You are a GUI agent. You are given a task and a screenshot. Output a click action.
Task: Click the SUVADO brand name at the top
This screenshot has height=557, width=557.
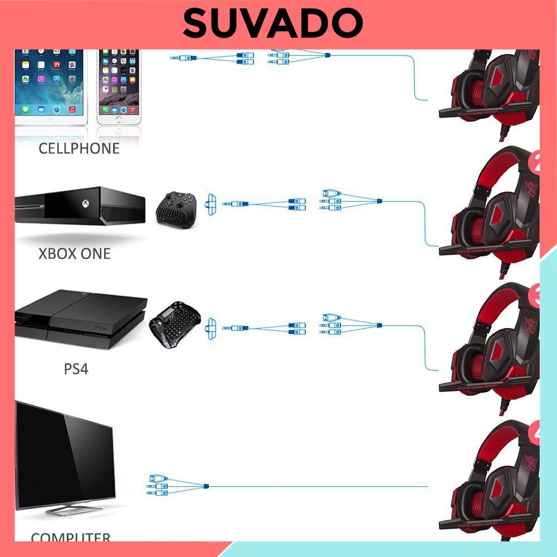click(x=273, y=23)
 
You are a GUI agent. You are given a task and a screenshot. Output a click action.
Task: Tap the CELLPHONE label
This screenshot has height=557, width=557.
click(x=79, y=148)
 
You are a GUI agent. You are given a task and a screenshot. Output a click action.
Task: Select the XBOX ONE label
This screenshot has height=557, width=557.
click(x=75, y=254)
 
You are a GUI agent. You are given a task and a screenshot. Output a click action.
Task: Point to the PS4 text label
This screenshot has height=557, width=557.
click(x=76, y=369)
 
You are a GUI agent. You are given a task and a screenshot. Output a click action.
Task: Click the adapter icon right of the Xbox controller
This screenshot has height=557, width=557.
click(x=211, y=204)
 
